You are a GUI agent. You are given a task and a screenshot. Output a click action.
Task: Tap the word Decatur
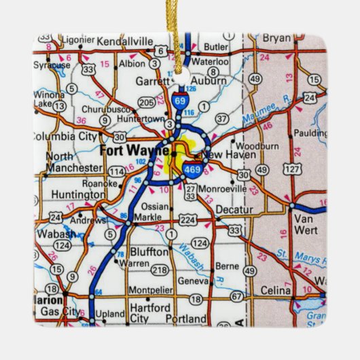tap(233, 211)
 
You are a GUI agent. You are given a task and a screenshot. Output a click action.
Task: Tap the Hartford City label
tap(149, 312)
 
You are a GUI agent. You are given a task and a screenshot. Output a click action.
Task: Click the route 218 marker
tap(160, 270)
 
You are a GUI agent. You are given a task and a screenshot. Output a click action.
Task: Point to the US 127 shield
tap(290, 168)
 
